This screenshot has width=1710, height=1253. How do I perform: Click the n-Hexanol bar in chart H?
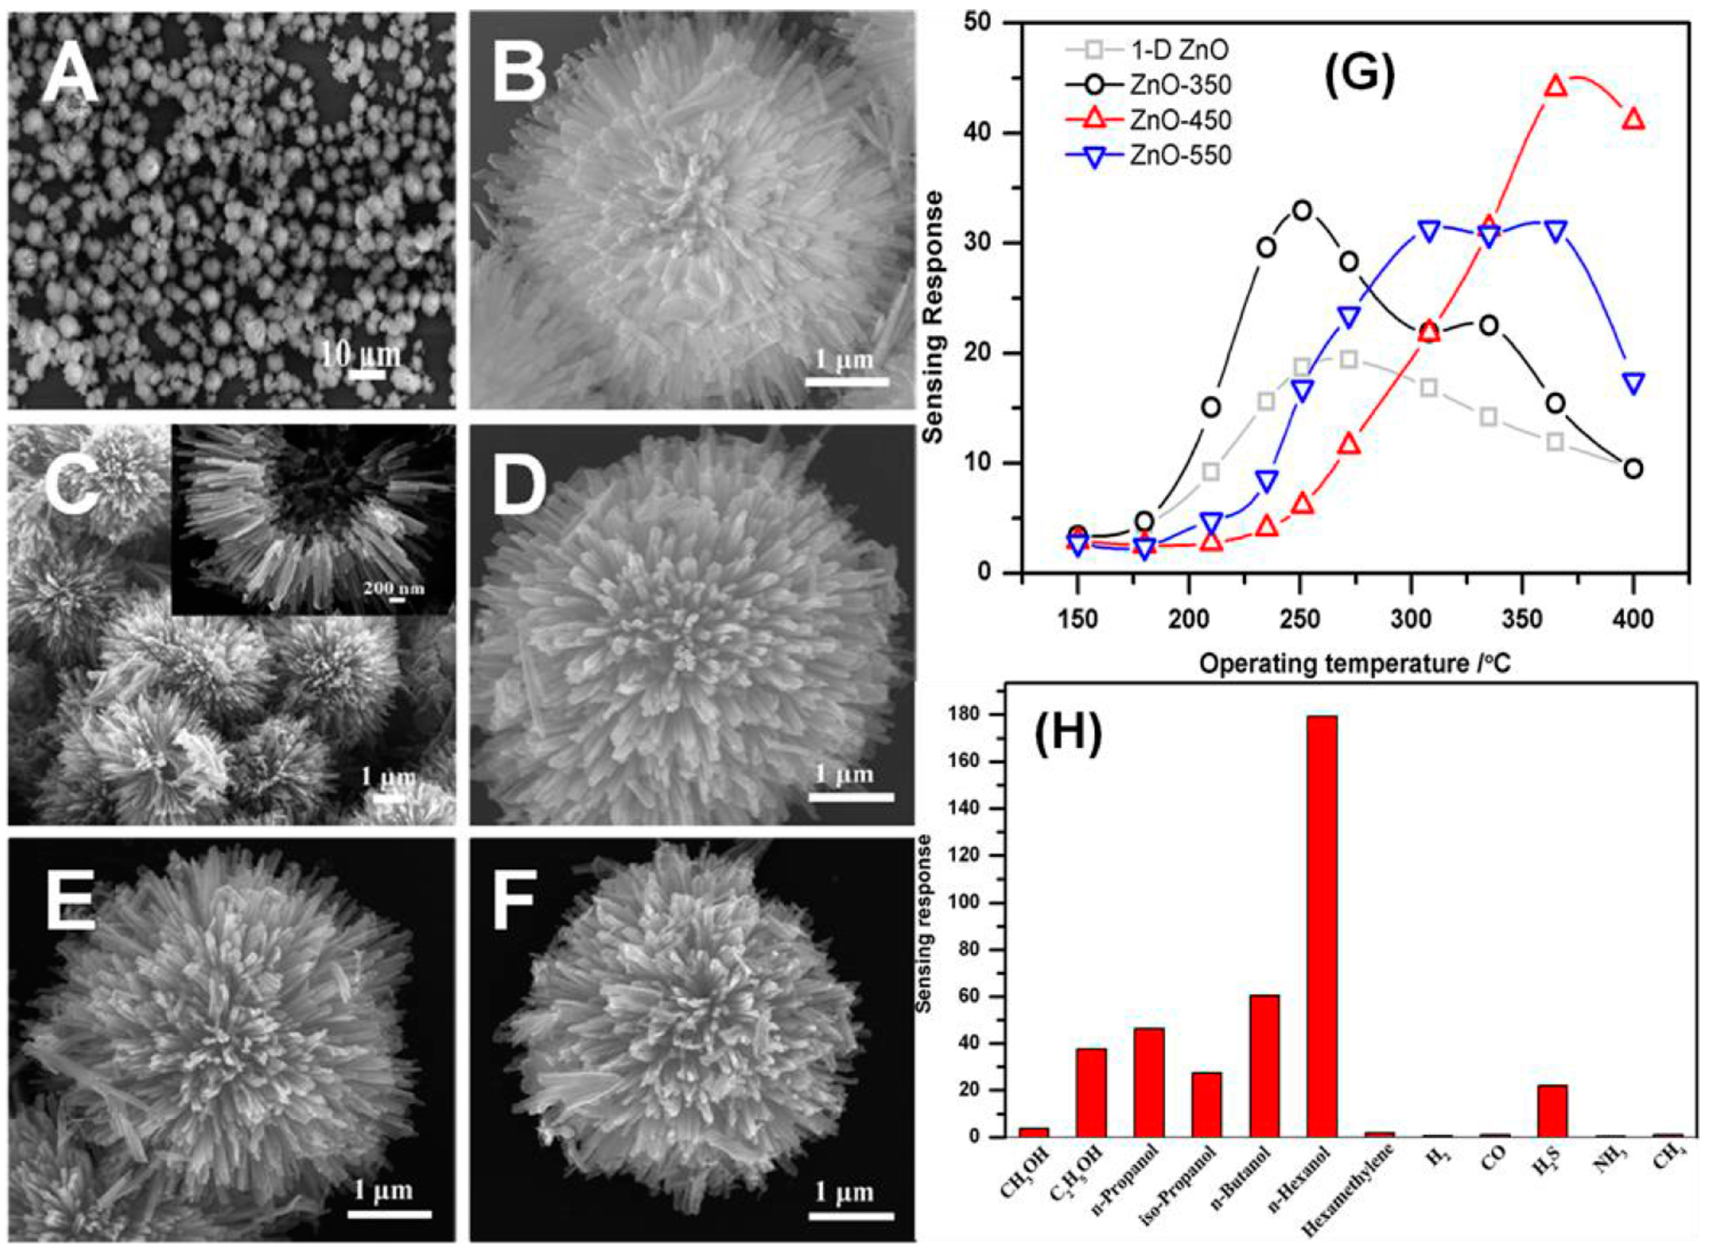1322,937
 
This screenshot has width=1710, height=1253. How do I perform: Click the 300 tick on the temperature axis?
1411,620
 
